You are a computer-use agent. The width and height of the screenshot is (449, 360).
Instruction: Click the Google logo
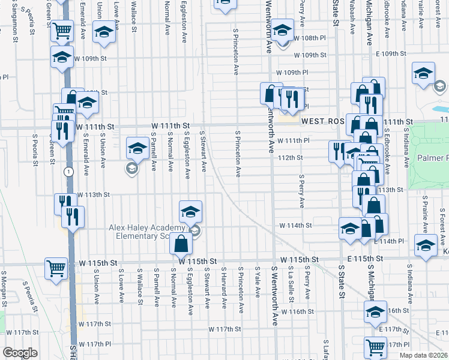pyautogui.click(x=20, y=353)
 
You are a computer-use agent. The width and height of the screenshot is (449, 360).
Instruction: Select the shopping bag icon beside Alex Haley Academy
pyautogui.click(x=181, y=244)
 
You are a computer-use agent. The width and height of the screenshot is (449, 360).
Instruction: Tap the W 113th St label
pyautogui.click(x=94, y=194)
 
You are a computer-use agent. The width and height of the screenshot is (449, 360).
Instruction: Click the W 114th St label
pyautogui.click(x=296, y=226)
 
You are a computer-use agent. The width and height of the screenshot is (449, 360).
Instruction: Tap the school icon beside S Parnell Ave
pyautogui.click(x=137, y=148)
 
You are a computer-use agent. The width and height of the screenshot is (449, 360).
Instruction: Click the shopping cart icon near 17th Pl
pyautogui.click(x=375, y=346)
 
